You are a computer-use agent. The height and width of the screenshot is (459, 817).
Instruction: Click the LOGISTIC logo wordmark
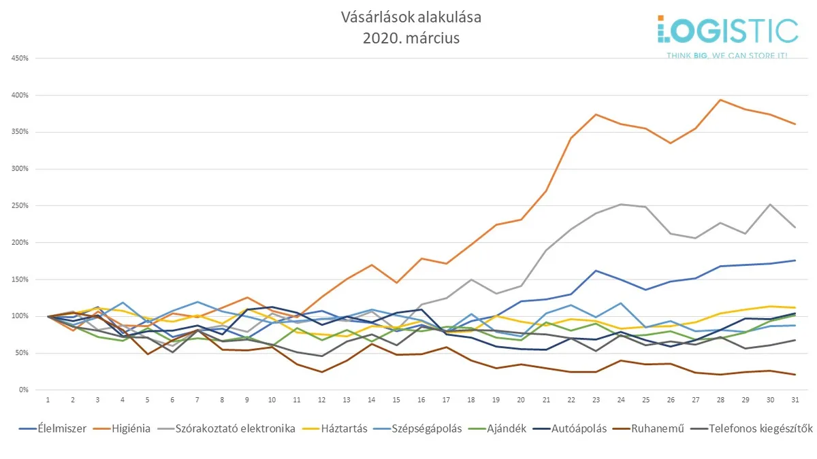click(x=728, y=31)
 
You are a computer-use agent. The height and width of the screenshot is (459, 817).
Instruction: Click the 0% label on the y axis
click(x=23, y=390)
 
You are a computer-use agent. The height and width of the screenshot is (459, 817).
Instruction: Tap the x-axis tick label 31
click(x=795, y=400)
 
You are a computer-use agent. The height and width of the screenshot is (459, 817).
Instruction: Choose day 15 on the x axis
click(x=396, y=400)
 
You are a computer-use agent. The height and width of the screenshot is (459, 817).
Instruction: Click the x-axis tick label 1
click(x=48, y=400)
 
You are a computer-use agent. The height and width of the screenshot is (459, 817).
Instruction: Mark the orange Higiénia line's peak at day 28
click(x=720, y=100)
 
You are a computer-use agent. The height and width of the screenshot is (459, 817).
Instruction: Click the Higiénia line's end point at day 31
click(x=795, y=124)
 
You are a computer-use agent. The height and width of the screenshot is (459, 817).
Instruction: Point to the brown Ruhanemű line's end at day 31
click(x=795, y=374)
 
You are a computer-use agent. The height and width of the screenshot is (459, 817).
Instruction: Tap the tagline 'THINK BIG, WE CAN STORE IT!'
click(x=726, y=54)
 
